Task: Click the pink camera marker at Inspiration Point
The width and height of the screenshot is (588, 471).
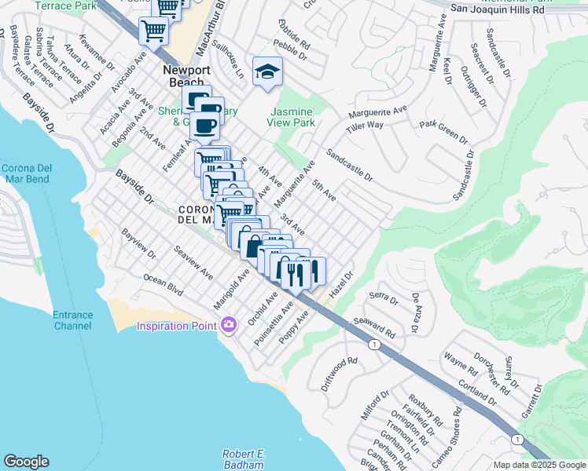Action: [x=229, y=324]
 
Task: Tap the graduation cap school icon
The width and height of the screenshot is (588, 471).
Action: [x=267, y=72]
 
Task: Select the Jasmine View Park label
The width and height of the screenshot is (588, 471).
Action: [x=292, y=117]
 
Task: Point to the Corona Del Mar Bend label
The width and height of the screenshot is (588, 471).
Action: [x=25, y=173]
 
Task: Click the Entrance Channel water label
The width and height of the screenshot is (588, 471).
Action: [x=72, y=320]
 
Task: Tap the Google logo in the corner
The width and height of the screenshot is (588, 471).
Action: [x=26, y=462]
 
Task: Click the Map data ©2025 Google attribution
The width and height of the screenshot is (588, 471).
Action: [x=539, y=465]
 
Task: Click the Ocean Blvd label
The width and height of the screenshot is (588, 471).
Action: [x=164, y=285]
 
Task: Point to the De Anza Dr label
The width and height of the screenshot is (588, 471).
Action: [x=417, y=308]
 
